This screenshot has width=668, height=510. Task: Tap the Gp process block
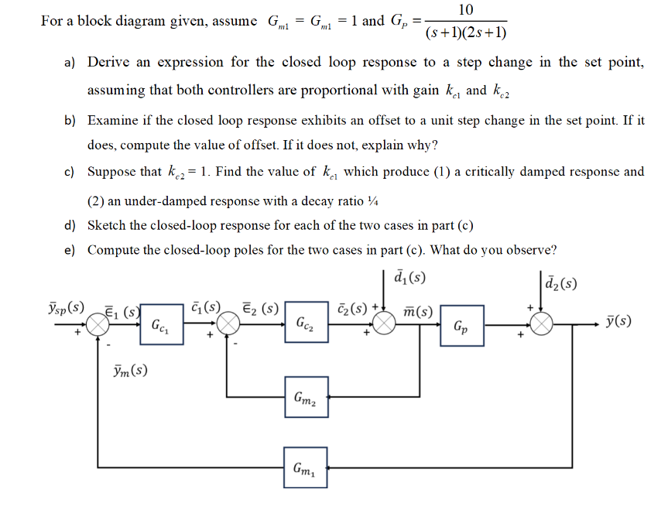click(461, 325)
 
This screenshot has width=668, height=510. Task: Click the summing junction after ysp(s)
click(98, 325)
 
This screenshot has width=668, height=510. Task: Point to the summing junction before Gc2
click(228, 325)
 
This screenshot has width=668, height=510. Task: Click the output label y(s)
click(618, 320)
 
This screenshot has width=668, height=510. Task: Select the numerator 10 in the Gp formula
click(466, 10)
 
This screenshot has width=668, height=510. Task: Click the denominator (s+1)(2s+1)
click(466, 33)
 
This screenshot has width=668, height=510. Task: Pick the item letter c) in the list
click(70, 172)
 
